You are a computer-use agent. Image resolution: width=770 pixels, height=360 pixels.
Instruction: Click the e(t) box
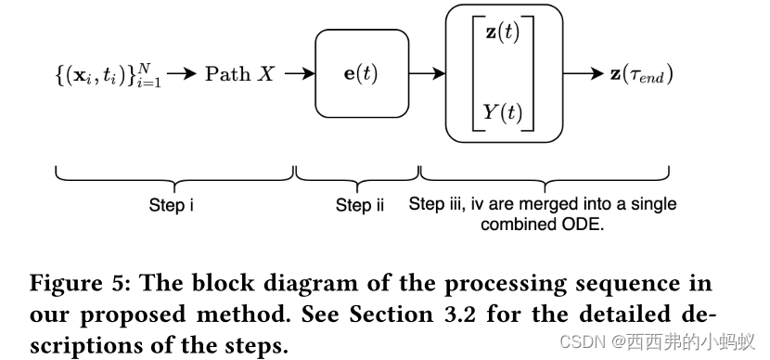tap(362, 74)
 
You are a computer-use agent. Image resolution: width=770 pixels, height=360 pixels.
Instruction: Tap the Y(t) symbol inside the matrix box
tap(503, 113)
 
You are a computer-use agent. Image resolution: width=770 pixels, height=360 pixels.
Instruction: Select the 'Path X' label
tap(239, 74)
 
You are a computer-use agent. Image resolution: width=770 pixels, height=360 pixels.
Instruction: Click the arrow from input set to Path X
tap(183, 74)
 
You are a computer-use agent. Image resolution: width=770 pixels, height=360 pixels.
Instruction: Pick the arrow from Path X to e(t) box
tap(300, 74)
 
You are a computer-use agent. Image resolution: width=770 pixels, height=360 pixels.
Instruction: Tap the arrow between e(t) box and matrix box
tap(427, 74)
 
